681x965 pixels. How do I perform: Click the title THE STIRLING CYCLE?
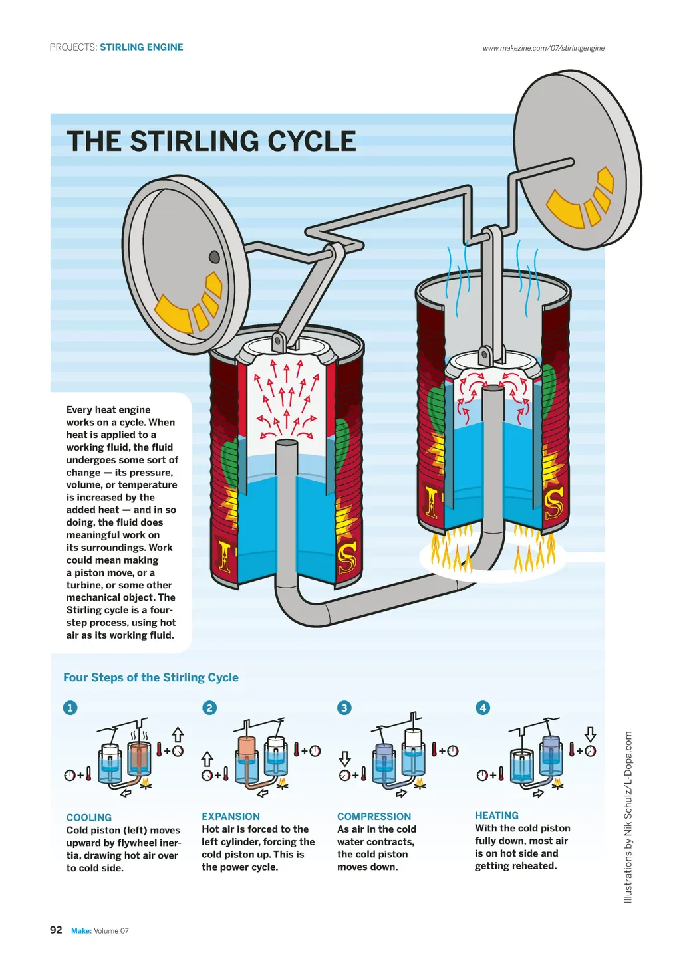[x=211, y=142]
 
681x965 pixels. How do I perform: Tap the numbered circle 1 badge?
[x=70, y=708]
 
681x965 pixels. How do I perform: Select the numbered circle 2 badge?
[x=209, y=708]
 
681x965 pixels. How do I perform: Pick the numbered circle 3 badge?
[x=344, y=708]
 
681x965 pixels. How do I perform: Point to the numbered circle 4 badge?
[x=483, y=708]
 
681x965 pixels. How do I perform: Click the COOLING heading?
[x=89, y=817]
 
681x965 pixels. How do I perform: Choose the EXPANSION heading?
[x=231, y=816]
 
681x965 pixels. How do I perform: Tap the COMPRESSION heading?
[x=374, y=816]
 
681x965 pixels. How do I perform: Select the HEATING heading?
[x=497, y=815]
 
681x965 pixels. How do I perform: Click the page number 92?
[x=56, y=930]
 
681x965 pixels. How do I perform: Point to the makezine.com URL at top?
[x=543, y=48]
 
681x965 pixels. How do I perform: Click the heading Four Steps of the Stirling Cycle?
[x=151, y=677]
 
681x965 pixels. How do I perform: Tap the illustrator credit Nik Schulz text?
[x=628, y=817]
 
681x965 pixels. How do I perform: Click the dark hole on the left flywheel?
[x=215, y=257]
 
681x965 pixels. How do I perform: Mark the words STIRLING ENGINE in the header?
[x=142, y=47]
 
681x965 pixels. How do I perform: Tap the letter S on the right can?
[x=554, y=504]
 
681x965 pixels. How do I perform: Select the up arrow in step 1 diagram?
[x=178, y=734]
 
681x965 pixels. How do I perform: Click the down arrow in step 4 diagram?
[x=590, y=734]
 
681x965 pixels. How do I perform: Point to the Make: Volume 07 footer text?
[x=100, y=930]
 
